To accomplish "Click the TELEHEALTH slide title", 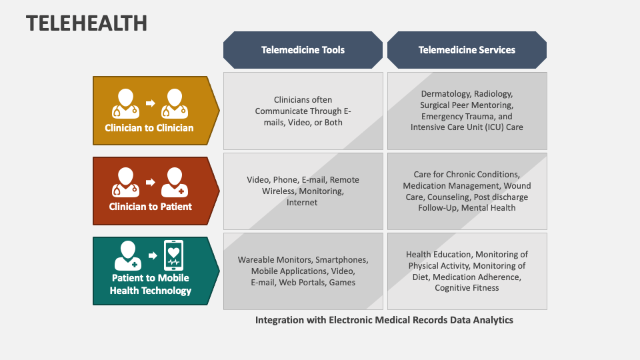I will (87, 23).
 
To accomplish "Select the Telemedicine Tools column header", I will (303, 49).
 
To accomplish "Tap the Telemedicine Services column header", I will (467, 49).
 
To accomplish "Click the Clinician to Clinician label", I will (149, 128).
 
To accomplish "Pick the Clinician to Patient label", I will (150, 207).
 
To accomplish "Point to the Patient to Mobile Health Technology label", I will (150, 284).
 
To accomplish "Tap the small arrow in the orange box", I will (150, 103).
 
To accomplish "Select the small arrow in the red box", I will (150, 182).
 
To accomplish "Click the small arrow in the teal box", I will (153, 255).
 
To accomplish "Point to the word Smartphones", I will (341, 260).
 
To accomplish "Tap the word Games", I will (343, 283).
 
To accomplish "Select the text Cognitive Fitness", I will (467, 288).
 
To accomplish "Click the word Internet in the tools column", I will (302, 203).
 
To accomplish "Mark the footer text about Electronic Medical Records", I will (384, 320).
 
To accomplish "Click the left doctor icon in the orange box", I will (127, 103).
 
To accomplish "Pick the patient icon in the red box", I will (174, 181).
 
